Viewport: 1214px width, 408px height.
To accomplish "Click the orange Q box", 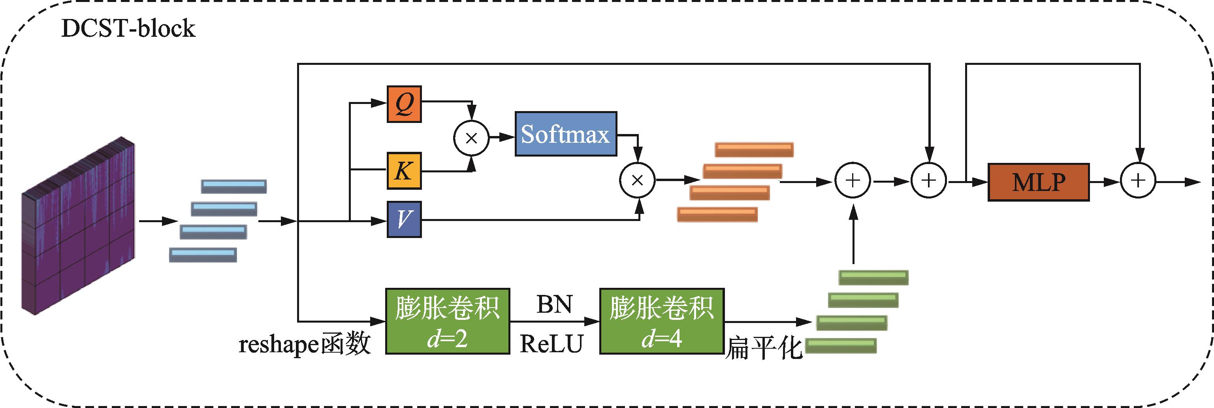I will (x=404, y=104).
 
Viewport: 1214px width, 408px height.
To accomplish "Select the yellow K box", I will (x=404, y=171).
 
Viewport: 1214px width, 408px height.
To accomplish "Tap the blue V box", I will (x=404, y=219).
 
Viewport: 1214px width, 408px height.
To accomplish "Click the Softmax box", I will (x=566, y=134).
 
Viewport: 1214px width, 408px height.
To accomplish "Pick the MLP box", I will (x=1038, y=182).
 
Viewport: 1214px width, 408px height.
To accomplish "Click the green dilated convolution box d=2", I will (x=447, y=321).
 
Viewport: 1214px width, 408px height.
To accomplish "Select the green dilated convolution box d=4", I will (x=662, y=321).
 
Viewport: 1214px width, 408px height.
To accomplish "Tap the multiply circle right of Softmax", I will (x=637, y=180).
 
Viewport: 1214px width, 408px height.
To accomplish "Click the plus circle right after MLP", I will (x=1138, y=181).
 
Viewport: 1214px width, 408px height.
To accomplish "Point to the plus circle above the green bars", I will (x=853, y=181).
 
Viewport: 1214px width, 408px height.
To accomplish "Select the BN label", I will (x=554, y=305).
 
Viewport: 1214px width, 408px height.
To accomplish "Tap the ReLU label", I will (x=552, y=344).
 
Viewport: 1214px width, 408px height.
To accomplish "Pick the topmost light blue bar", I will (x=234, y=186).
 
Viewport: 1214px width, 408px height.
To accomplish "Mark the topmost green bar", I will (x=873, y=278).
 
